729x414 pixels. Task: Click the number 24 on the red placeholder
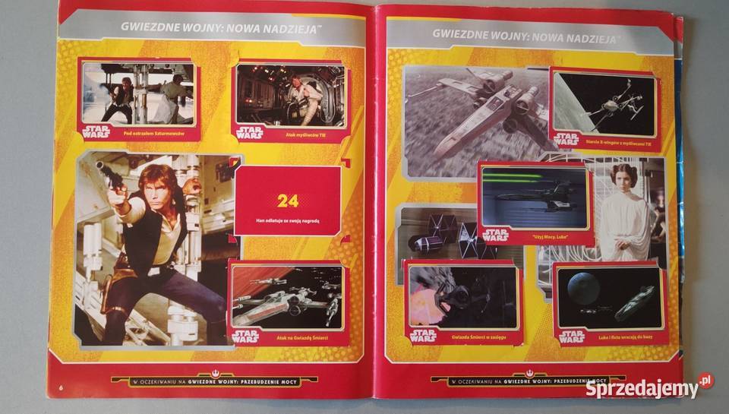coord(288,201)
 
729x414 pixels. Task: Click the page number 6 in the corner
coord(61,388)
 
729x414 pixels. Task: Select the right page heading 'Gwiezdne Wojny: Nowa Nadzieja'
coord(523,34)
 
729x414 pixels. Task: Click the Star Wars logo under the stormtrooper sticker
coord(96,131)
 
